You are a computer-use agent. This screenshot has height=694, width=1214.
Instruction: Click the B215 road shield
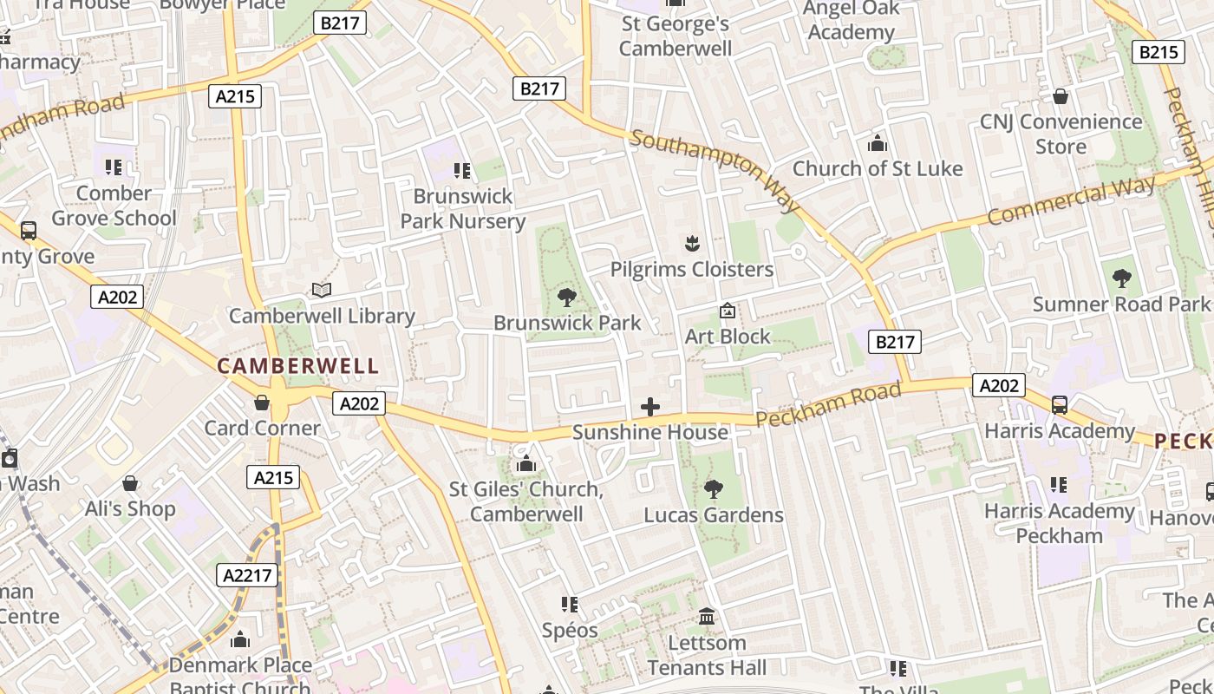coord(1159,52)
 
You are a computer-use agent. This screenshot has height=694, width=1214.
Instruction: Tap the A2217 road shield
coord(247,574)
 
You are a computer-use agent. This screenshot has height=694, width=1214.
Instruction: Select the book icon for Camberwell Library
coord(322,291)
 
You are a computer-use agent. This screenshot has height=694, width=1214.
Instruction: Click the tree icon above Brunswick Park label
coord(567,298)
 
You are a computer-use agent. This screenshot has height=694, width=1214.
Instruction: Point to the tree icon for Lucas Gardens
coord(713,489)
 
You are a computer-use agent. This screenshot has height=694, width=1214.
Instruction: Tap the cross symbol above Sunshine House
coord(649,407)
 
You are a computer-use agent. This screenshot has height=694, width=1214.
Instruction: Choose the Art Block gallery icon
coord(728,311)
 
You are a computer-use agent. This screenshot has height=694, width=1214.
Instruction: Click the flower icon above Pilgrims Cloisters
coord(691,244)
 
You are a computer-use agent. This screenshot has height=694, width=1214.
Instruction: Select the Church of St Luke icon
coord(878,143)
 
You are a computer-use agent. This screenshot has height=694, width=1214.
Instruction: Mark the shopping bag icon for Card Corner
coord(261,403)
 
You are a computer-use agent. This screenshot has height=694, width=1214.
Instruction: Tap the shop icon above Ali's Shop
coord(130,483)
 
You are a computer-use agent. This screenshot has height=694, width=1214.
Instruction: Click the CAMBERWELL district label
coord(297,366)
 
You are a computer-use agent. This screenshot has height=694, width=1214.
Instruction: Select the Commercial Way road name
coord(1071,200)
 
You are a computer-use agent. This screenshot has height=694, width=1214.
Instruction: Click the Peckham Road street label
coord(827,405)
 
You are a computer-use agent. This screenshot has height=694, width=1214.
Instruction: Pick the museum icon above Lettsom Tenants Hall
coord(707,617)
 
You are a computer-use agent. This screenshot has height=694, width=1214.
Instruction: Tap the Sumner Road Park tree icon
coord(1121,278)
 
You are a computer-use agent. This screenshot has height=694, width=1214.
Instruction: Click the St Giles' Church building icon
coord(525,464)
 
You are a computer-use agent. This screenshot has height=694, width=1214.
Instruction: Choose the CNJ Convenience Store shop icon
coord(1060,96)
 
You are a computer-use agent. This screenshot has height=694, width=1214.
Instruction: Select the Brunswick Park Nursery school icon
coord(462,171)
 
